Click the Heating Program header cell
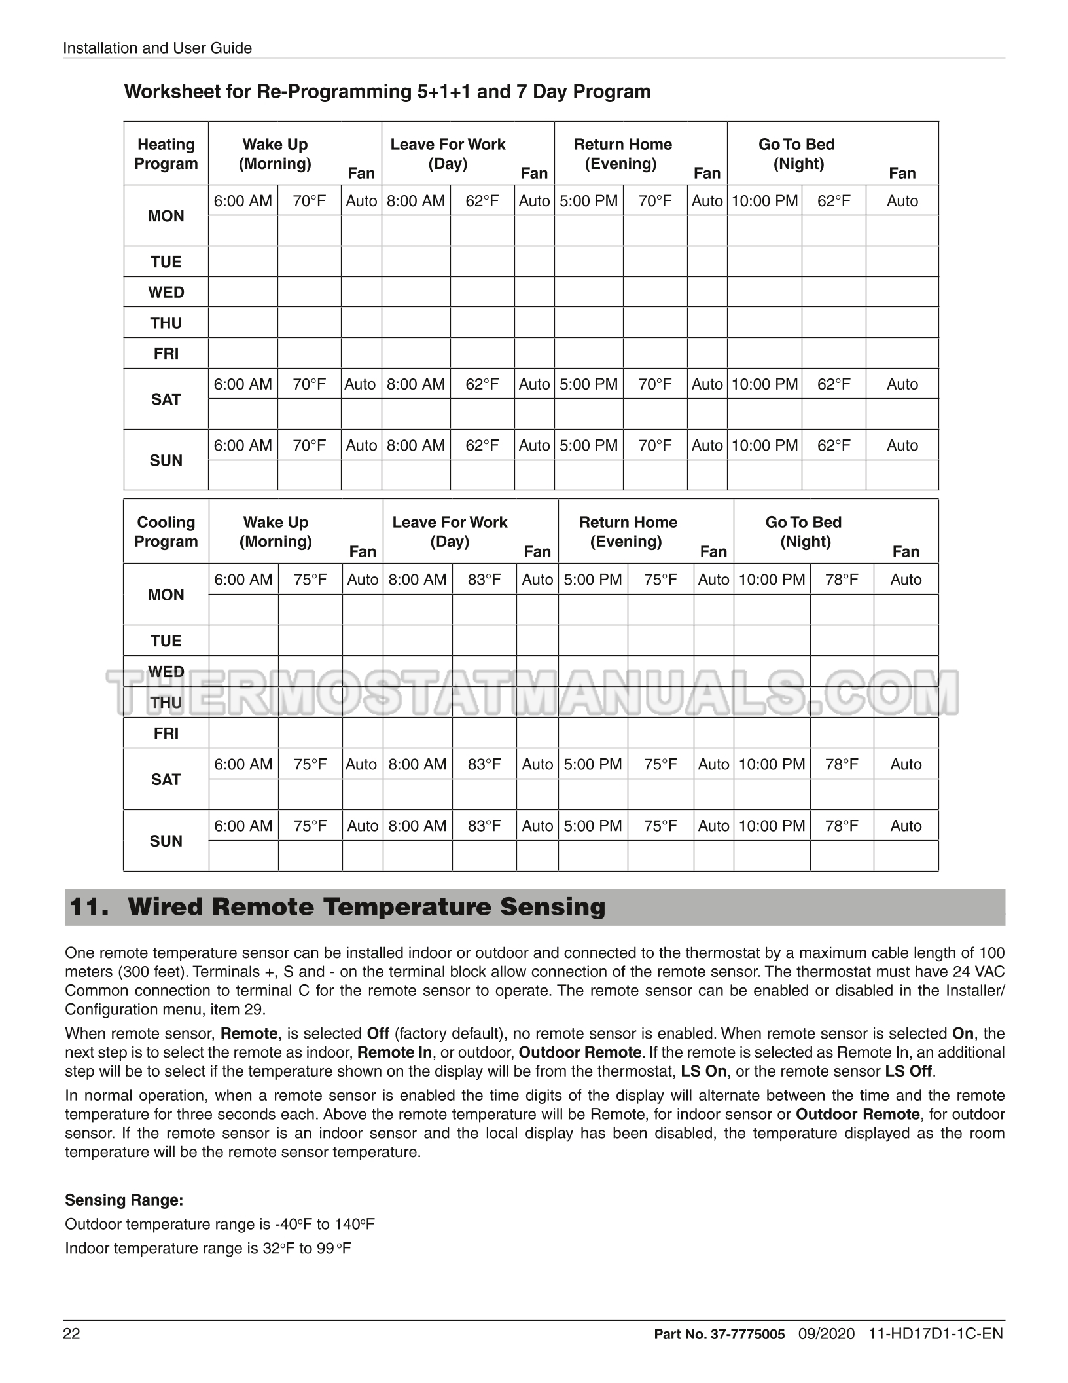pos(166,154)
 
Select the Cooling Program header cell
pos(166,532)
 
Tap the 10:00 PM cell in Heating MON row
pos(764,201)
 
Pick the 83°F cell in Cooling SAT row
pos(484,764)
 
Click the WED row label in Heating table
pos(166,292)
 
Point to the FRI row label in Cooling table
pos(166,733)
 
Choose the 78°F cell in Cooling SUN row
pos(842,826)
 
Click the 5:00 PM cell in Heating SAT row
pos(589,384)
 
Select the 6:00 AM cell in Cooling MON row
pos(243,580)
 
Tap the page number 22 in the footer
pos(72,1334)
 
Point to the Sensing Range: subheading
pos(124,1200)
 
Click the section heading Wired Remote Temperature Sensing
pos(366,907)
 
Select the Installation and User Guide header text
pos(157,48)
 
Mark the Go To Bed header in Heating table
pos(796,154)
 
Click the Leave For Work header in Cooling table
pos(450,532)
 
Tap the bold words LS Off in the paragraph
pos(909,1071)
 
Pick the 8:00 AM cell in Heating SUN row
pos(416,445)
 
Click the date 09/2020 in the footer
pos(827,1334)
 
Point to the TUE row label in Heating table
pos(166,262)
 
